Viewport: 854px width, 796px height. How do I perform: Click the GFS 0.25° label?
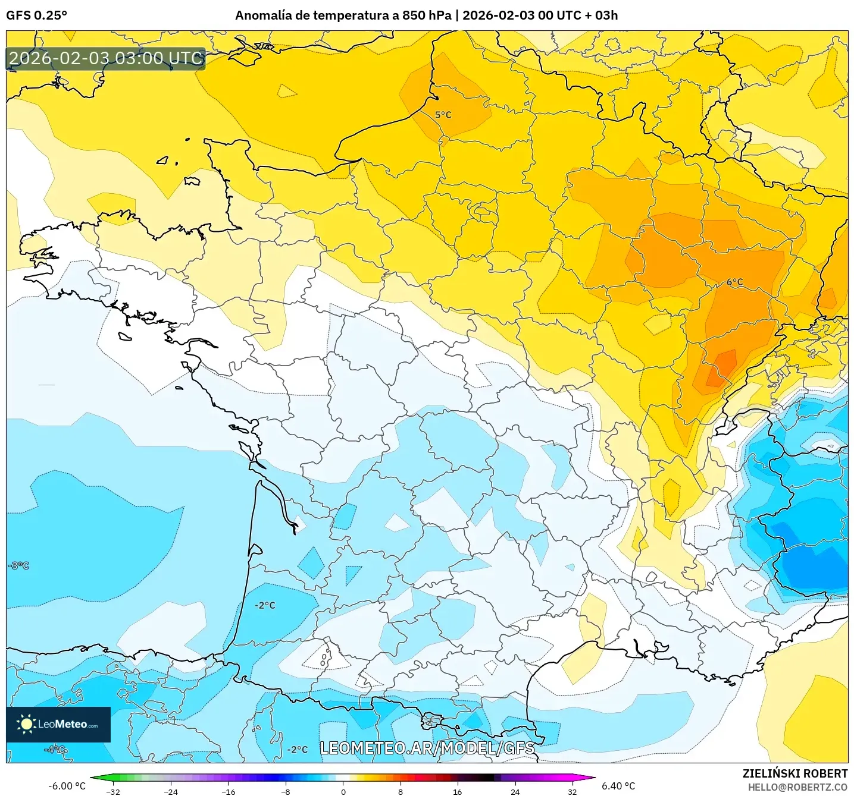[37, 15]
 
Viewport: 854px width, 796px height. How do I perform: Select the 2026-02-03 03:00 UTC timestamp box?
[106, 58]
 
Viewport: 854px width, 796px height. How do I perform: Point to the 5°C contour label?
[443, 115]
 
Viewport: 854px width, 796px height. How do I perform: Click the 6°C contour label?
[734, 282]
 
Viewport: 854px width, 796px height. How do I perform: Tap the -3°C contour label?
[18, 565]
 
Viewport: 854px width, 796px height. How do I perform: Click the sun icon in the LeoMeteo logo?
[26, 724]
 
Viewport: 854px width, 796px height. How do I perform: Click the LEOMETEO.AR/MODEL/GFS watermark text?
[427, 748]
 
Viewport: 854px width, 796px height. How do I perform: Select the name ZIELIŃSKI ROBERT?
[794, 773]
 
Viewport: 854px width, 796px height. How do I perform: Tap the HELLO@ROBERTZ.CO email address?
[797, 787]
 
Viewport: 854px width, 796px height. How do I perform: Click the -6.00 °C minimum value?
[67, 786]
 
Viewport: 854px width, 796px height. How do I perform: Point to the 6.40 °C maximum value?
[618, 786]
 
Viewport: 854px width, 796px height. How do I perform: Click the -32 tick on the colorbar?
[113, 792]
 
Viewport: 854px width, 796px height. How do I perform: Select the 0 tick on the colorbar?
[343, 792]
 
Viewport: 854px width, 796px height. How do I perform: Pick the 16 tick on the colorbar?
[457, 792]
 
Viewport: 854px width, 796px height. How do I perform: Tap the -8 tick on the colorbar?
[286, 792]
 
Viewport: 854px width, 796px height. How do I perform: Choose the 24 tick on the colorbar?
[515, 792]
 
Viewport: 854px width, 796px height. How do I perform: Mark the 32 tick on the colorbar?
[572, 792]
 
